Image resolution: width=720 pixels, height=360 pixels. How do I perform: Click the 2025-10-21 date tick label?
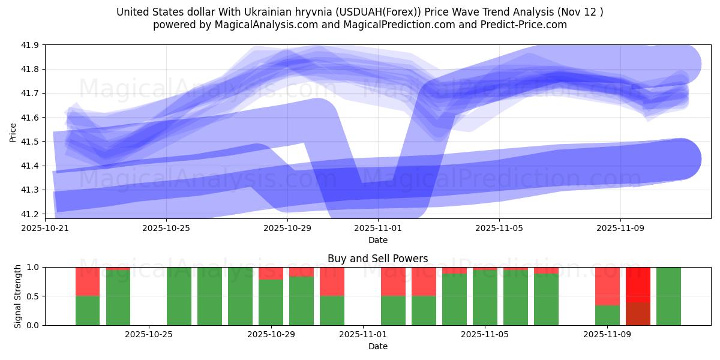45,228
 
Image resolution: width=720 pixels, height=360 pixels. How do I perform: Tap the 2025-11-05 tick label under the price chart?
499,228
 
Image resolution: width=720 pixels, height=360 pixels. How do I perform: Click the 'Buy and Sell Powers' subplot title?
377,259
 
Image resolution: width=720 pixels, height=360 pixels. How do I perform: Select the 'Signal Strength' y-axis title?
18,296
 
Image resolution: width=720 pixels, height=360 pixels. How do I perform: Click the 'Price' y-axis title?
13,132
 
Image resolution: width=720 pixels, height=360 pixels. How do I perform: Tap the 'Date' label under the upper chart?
377,240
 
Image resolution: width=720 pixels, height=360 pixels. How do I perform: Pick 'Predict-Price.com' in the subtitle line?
527,25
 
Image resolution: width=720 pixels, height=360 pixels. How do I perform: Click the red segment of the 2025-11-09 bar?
607,286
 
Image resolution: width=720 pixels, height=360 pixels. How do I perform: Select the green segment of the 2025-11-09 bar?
607,316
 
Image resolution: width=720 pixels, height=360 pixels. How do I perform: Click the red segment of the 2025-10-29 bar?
271,273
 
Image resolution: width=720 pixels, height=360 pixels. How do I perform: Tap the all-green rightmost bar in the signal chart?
668,296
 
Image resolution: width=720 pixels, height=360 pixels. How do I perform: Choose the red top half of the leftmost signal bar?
88,281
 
